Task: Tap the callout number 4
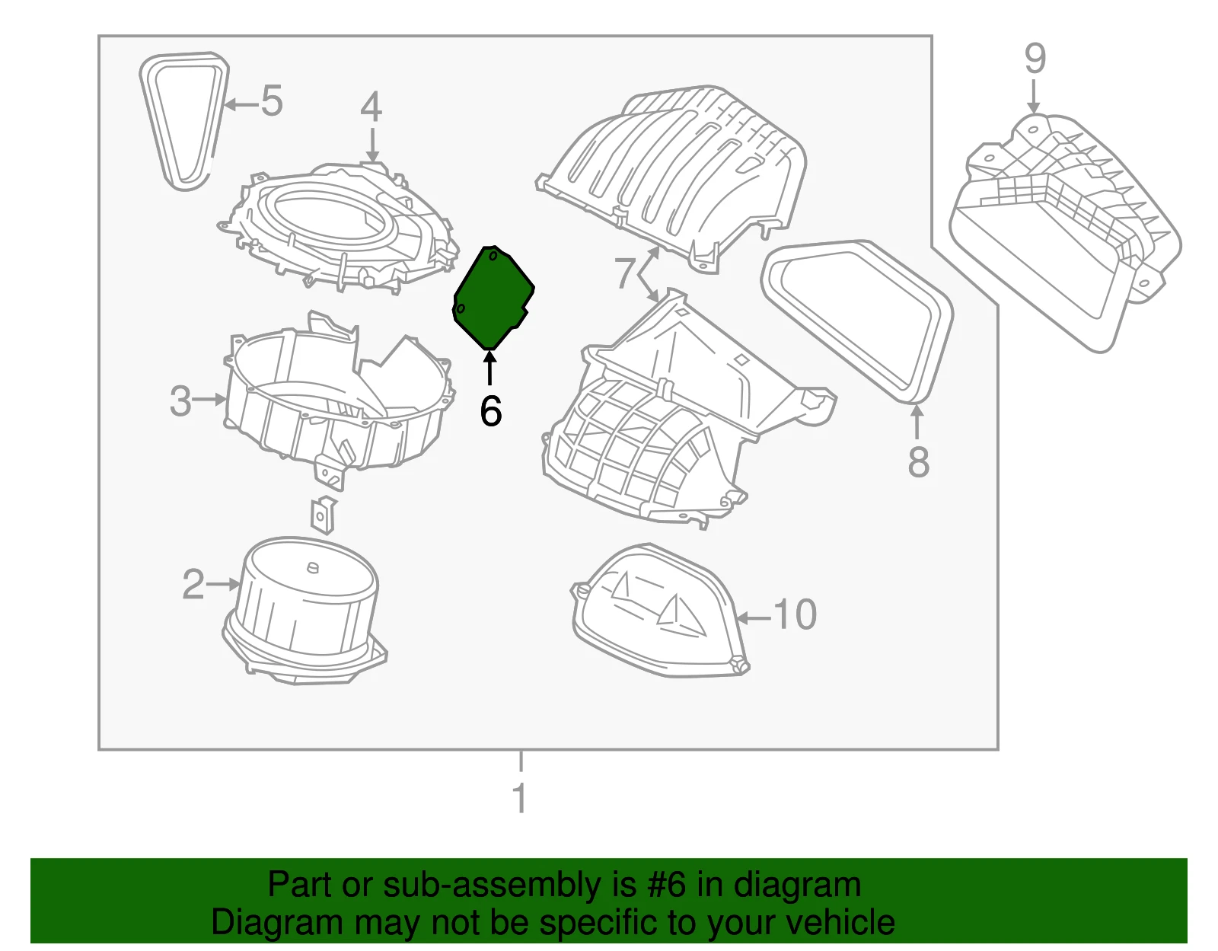(371, 107)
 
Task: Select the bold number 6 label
(490, 410)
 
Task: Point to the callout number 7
(624, 273)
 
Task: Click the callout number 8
(918, 461)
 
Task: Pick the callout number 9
(1035, 58)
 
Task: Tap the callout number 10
(795, 614)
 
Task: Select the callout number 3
(180, 401)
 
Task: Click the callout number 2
(193, 584)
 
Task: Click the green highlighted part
(493, 296)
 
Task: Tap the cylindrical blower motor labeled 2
(304, 611)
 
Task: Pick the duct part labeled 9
(1065, 232)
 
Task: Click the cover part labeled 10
(658, 611)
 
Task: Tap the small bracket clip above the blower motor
(324, 515)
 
